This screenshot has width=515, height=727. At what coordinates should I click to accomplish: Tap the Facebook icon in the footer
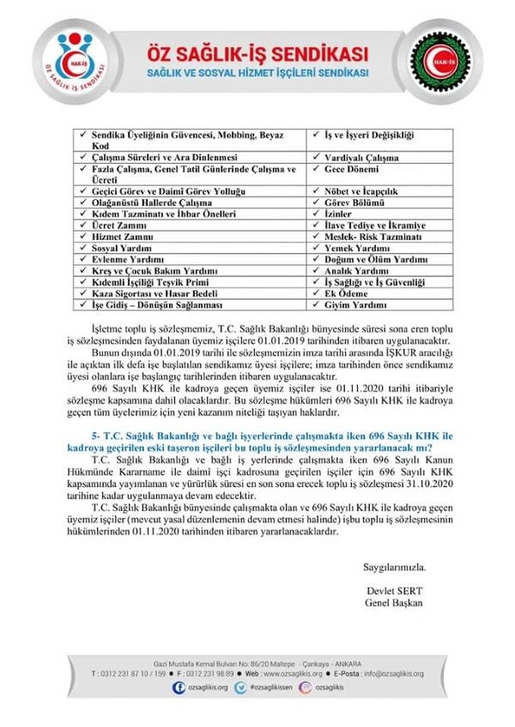click(179, 688)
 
